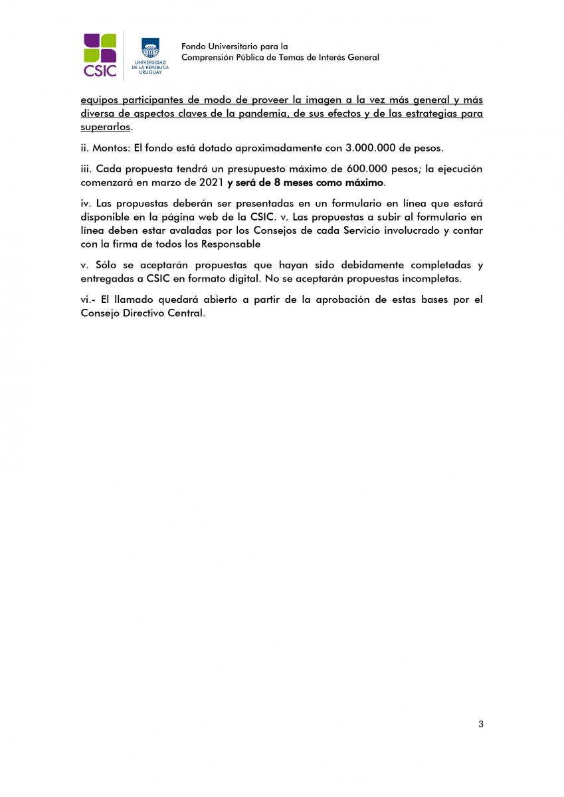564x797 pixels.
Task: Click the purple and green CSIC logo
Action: tap(100, 55)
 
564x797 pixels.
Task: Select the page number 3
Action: tap(480, 723)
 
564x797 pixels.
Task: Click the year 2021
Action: tap(211, 182)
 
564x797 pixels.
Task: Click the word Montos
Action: tap(109, 147)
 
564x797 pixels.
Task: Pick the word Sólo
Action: tap(107, 264)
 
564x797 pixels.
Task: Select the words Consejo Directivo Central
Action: tap(141, 313)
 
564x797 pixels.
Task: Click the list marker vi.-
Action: tap(88, 300)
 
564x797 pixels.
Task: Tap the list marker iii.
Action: tap(86, 169)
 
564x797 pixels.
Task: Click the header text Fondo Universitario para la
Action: tap(235, 46)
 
